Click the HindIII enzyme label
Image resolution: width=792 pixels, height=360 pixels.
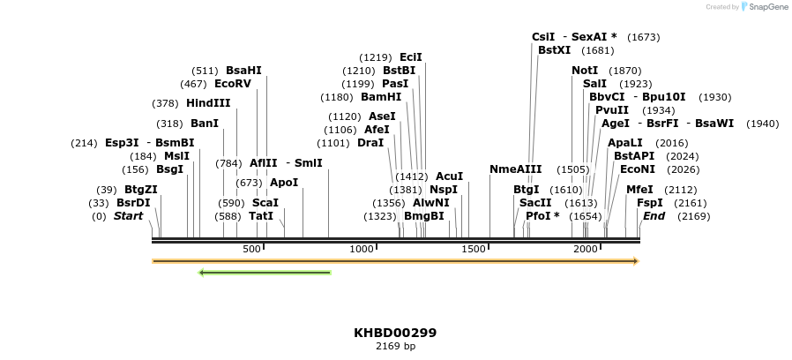208,103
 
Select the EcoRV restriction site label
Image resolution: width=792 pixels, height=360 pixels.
233,84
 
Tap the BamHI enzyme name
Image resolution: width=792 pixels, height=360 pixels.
381,97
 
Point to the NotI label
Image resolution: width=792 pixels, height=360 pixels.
585,71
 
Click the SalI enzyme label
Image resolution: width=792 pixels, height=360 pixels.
594,84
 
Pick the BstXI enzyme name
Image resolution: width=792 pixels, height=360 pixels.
555,50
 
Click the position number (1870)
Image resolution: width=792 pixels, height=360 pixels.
625,71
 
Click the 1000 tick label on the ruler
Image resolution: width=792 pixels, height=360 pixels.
362,250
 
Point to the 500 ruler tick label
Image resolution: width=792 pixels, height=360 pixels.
251,250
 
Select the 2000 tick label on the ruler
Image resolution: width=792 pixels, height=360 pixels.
587,250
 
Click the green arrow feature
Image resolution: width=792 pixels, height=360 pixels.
265,273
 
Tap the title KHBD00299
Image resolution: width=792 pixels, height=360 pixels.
395,333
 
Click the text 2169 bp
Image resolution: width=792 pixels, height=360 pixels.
395,346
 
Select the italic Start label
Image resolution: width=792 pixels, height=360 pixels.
128,216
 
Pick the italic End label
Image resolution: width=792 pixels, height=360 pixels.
654,216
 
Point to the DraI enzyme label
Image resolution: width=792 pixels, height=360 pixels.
370,143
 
